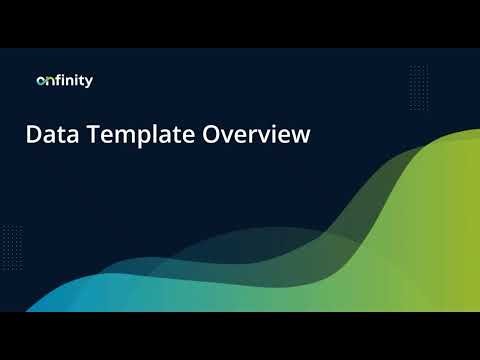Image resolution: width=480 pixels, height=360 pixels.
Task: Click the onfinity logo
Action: (64, 81)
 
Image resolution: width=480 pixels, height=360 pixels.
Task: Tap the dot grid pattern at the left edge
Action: (11, 241)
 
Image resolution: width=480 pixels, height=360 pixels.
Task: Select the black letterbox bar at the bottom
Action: (240, 336)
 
